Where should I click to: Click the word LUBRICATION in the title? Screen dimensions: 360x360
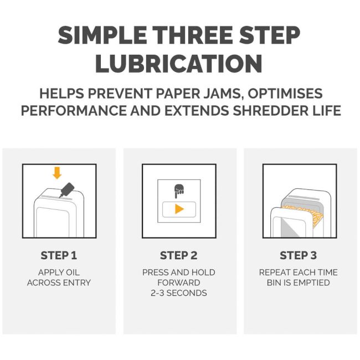(179, 64)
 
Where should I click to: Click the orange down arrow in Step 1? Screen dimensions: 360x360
(57, 173)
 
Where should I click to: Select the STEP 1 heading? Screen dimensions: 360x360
(59, 255)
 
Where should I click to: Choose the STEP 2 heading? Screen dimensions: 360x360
(179, 255)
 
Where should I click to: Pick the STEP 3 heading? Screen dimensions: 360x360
(298, 255)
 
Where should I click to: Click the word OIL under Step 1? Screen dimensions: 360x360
(73, 272)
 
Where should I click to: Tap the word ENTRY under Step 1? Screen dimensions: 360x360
(76, 282)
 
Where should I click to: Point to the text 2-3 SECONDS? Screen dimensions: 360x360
(179, 293)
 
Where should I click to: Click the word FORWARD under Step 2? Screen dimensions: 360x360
(179, 282)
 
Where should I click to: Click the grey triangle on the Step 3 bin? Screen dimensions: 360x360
(289, 227)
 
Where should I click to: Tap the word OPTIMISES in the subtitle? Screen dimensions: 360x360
(285, 94)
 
